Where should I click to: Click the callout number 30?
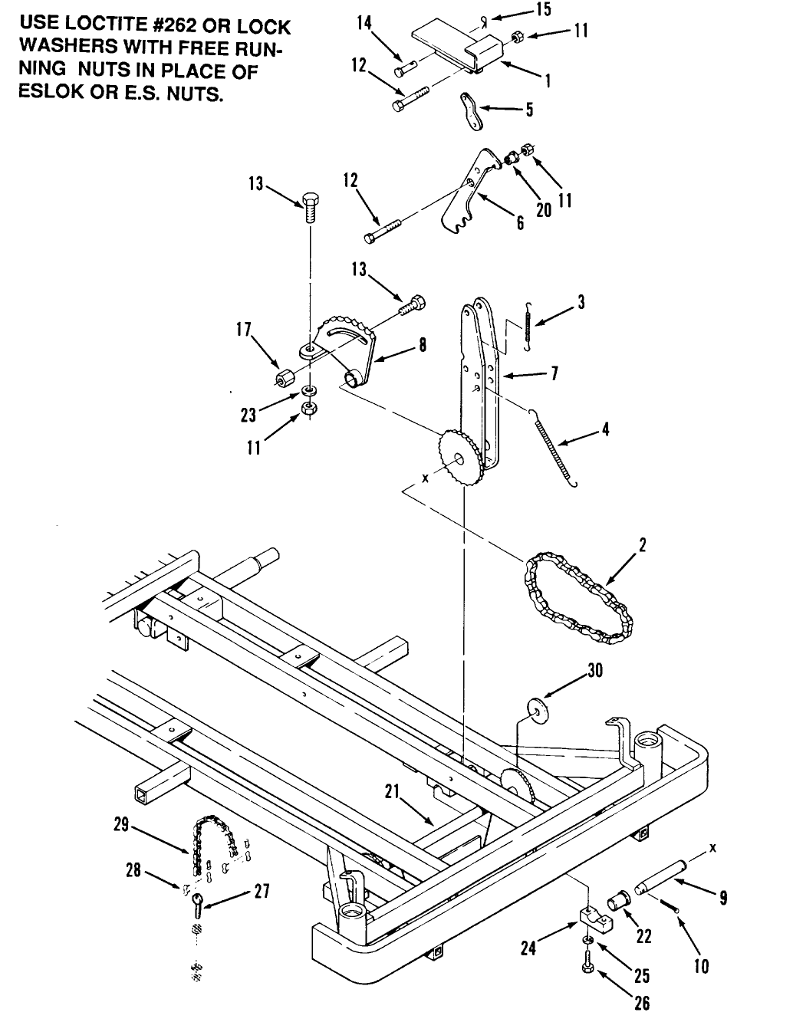(595, 671)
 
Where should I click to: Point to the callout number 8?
(422, 346)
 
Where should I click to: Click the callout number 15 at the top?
(542, 9)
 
